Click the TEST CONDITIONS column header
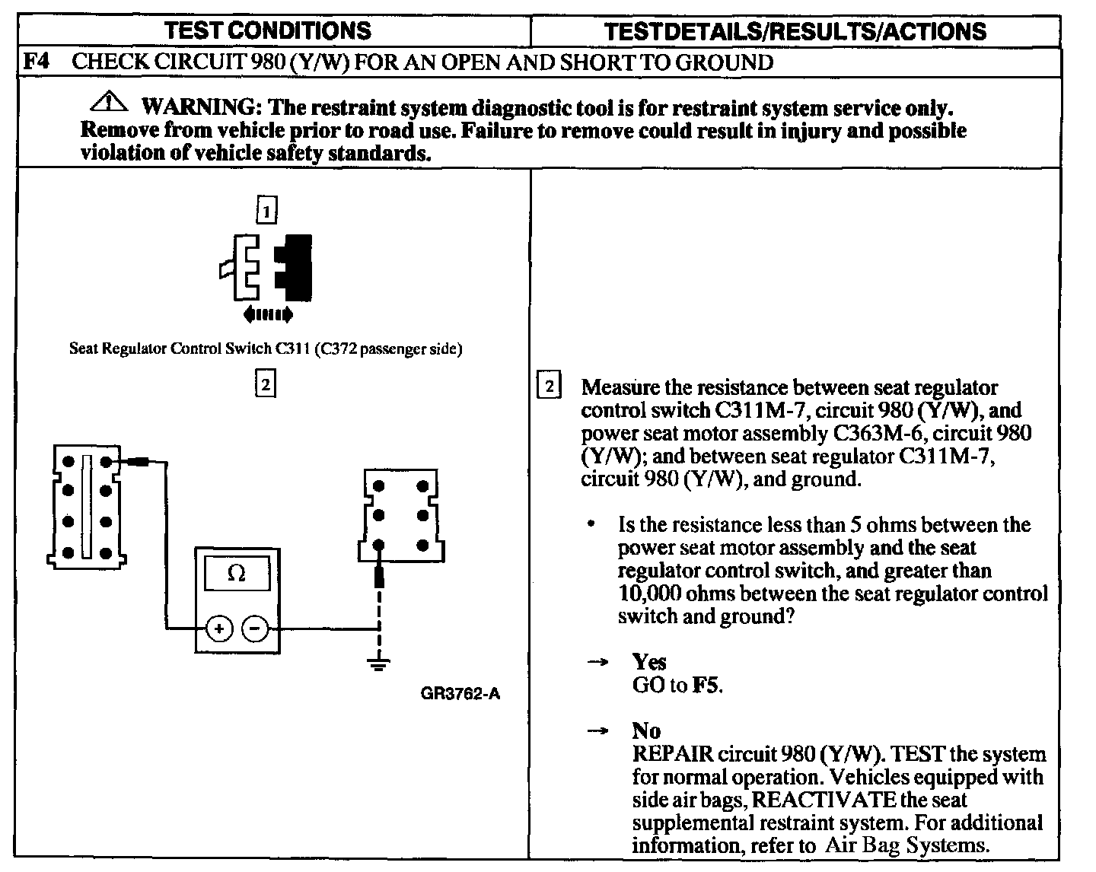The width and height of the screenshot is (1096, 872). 267,30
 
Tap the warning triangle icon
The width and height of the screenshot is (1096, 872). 111,101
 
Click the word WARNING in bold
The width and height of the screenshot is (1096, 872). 197,107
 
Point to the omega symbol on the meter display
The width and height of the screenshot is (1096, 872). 237,574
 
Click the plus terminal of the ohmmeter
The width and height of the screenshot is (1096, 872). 219,629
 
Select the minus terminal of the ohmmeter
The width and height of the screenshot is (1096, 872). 255,629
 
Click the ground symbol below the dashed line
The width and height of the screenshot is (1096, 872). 378,664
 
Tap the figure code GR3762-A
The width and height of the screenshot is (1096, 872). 460,694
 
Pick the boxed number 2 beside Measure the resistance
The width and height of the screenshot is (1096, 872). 548,386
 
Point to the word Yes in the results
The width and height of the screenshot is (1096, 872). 649,662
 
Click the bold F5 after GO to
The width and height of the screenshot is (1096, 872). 705,686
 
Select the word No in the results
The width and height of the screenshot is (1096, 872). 646,731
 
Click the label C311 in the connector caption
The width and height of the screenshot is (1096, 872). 291,349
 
